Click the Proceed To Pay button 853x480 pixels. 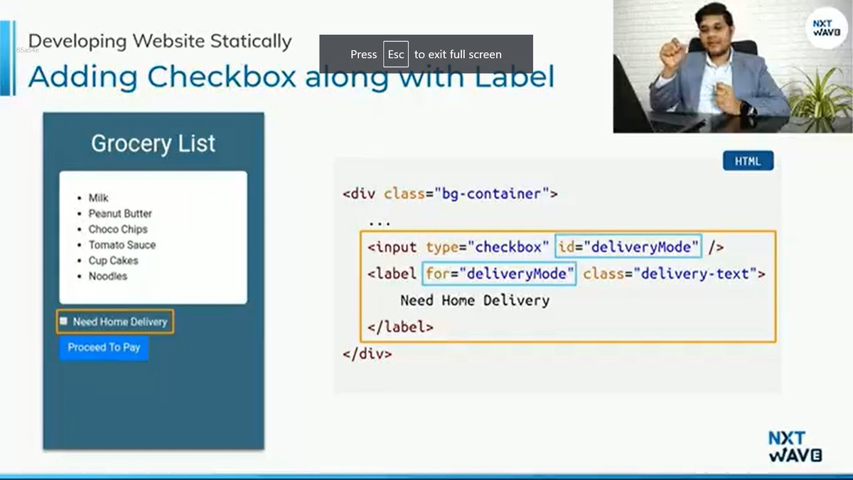tap(104, 348)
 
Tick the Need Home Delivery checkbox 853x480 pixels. tap(63, 321)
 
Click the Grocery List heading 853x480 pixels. tap(153, 144)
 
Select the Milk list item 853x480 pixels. tap(98, 198)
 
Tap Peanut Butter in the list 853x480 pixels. tap(120, 213)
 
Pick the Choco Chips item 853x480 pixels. tap(118, 229)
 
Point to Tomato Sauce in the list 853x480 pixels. tap(122, 245)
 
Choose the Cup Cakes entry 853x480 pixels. tap(113, 260)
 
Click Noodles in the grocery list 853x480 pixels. tap(108, 276)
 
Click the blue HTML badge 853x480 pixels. tap(748, 161)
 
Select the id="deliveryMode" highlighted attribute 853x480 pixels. tap(628, 247)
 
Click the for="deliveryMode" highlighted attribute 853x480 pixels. tap(500, 273)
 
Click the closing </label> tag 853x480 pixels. tap(400, 327)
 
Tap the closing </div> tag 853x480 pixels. tap(367, 353)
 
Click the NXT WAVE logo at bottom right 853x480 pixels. tap(795, 447)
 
